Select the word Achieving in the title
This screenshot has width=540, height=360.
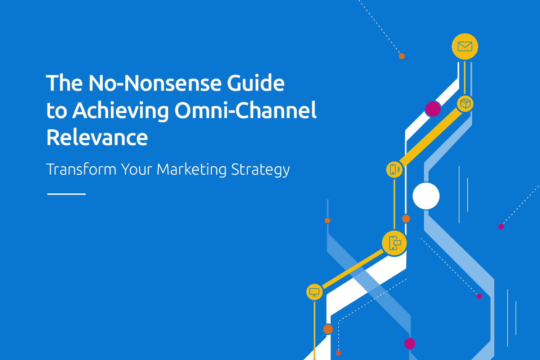click(x=120, y=111)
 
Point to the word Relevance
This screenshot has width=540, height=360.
click(x=97, y=138)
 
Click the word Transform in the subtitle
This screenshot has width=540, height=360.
click(x=81, y=169)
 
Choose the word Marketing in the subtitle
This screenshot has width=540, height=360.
click(x=192, y=170)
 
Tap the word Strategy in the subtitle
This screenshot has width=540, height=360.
click(x=260, y=170)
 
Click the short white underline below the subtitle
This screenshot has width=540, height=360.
click(x=66, y=194)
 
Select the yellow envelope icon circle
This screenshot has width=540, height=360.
click(x=465, y=46)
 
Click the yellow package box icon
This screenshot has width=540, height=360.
click(x=465, y=104)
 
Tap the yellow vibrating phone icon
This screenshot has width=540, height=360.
click(x=394, y=169)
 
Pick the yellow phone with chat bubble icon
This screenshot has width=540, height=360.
click(x=395, y=243)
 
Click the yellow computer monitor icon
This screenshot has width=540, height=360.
click(x=314, y=292)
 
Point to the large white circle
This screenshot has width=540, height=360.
click(x=426, y=196)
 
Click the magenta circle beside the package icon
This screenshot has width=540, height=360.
click(x=433, y=109)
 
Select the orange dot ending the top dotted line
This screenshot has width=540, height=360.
click(x=402, y=56)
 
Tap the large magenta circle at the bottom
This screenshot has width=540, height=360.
click(x=410, y=343)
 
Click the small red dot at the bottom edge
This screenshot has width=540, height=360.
click(x=338, y=353)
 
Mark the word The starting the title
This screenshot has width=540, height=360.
click(x=64, y=83)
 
